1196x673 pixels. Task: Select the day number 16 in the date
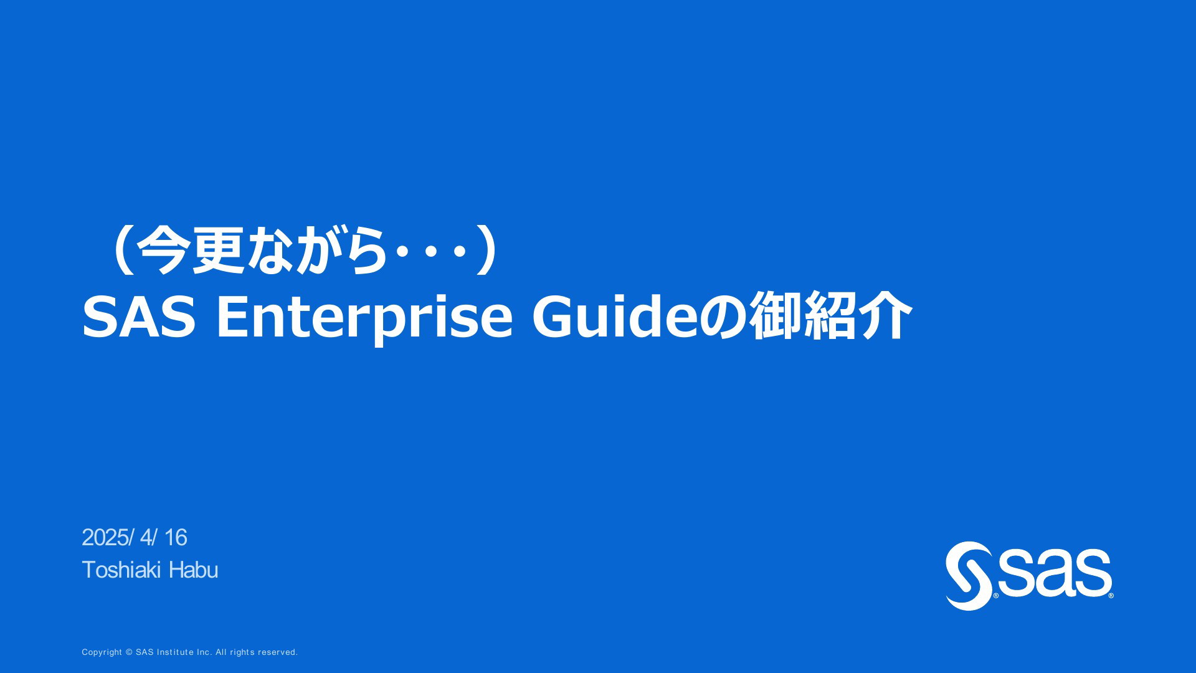pos(175,538)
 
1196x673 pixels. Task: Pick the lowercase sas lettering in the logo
pos(1054,572)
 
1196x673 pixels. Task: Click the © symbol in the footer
pos(130,652)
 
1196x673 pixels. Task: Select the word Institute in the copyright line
pos(175,652)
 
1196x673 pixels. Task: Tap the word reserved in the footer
pos(278,652)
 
